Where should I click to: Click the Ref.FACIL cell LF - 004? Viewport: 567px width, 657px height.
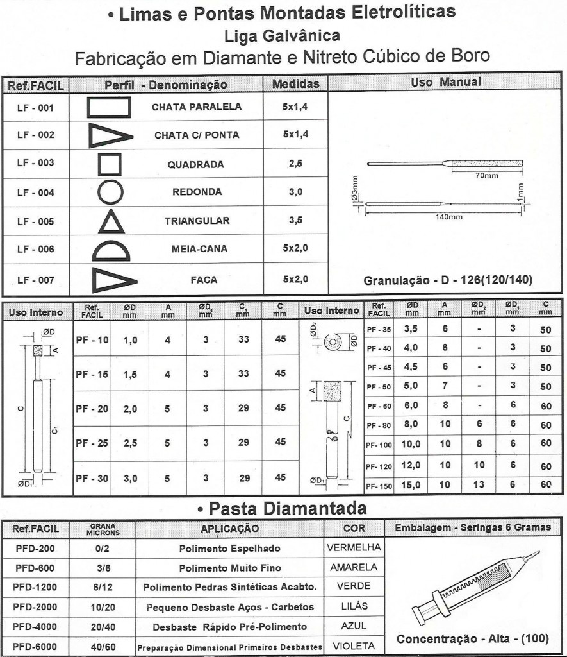pyautogui.click(x=35, y=192)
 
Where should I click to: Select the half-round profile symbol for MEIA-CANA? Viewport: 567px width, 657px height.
pyautogui.click(x=112, y=249)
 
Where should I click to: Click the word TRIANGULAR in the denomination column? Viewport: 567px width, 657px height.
pyautogui.click(x=197, y=221)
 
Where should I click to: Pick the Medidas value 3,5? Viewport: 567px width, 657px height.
pyautogui.click(x=295, y=221)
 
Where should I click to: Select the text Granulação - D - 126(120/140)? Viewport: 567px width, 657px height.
pyautogui.click(x=449, y=280)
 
